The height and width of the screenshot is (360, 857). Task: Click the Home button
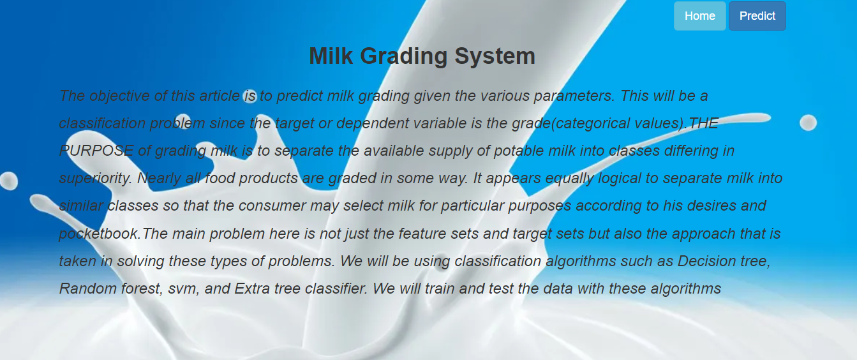[x=699, y=16]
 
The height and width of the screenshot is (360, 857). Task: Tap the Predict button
[x=757, y=16]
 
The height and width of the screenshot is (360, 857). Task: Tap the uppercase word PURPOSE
[x=96, y=151]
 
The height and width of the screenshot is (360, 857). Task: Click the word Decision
[x=704, y=261]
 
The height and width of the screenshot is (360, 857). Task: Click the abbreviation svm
[x=184, y=289]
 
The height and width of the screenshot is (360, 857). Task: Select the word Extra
[x=252, y=289]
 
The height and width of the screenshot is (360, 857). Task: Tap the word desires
[x=713, y=206]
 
